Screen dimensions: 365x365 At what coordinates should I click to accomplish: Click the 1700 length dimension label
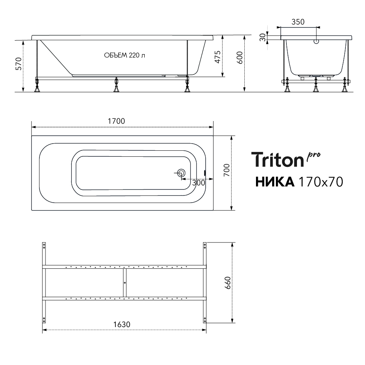tap(117, 121)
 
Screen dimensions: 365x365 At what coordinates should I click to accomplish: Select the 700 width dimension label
tap(227, 170)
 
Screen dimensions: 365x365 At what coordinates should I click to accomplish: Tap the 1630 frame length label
tap(122, 324)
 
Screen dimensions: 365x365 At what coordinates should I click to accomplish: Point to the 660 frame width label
tap(227, 283)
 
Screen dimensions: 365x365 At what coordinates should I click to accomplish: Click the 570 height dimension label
tap(18, 64)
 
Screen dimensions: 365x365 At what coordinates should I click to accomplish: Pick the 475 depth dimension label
tap(217, 57)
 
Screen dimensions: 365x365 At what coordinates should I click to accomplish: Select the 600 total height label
tap(239, 58)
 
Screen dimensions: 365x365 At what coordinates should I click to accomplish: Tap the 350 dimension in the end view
tap(298, 22)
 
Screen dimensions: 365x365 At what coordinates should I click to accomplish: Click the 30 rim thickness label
tap(263, 37)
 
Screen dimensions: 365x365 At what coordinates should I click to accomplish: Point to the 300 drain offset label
tap(198, 183)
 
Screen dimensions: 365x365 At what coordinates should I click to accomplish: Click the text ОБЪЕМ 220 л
tap(124, 55)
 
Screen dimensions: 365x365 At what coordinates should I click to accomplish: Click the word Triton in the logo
tap(277, 160)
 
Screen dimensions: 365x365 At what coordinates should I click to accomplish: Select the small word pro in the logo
tap(314, 156)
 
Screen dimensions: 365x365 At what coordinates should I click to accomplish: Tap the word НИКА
tap(275, 182)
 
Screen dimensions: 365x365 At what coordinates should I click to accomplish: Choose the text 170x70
tap(321, 182)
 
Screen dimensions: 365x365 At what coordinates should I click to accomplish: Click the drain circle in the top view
tap(181, 173)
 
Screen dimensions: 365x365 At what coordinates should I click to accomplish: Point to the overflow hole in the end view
tap(317, 42)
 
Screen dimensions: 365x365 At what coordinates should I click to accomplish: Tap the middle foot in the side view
tap(116, 85)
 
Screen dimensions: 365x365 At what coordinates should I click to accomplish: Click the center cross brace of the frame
tap(125, 283)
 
